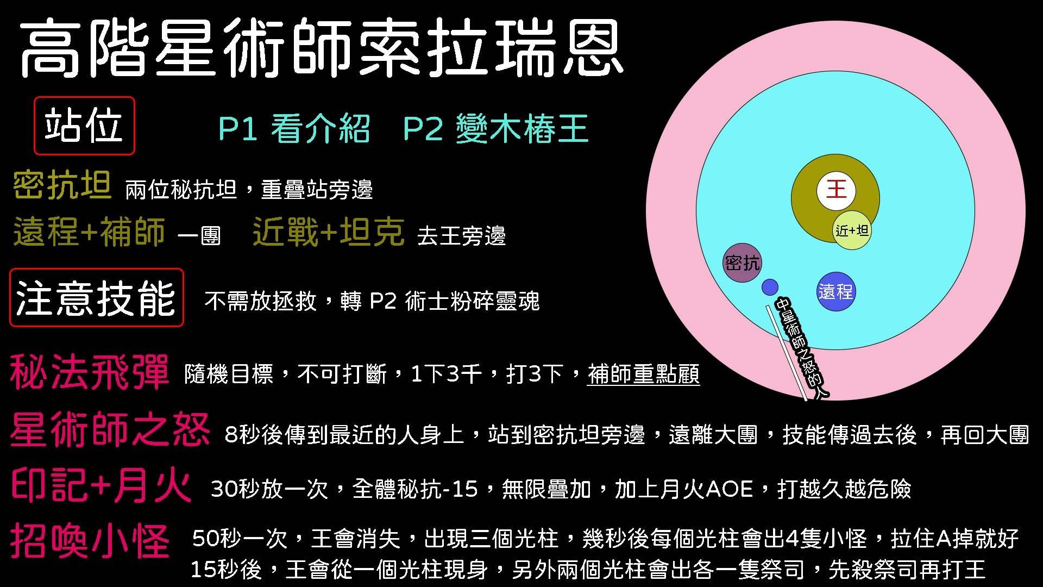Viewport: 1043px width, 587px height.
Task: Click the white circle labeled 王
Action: tap(836, 190)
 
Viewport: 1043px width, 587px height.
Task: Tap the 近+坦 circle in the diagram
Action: tap(852, 230)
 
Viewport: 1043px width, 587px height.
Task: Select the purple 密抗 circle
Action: tap(742, 263)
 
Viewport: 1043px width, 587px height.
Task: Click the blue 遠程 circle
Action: tap(836, 292)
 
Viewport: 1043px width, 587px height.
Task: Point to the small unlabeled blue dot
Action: tap(770, 287)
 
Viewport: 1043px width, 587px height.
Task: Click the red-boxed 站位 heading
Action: tap(84, 126)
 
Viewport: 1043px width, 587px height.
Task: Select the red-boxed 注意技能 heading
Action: tap(97, 298)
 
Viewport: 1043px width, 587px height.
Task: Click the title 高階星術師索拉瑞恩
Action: tap(322, 48)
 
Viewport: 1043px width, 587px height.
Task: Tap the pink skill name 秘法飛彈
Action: tap(90, 373)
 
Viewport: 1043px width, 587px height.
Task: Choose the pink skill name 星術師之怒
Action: tap(110, 430)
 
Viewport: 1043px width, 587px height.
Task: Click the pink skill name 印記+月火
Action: tap(101, 485)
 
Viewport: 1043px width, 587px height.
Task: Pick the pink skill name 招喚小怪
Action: tap(90, 541)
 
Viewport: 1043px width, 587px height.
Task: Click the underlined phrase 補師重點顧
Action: tap(644, 374)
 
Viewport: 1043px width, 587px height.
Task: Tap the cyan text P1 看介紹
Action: tap(294, 129)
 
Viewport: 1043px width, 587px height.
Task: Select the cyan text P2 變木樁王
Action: tap(496, 129)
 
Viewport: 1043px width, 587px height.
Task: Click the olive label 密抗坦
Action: tap(62, 185)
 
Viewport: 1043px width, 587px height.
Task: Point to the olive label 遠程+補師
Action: tap(89, 232)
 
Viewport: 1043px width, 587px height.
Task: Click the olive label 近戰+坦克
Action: tap(329, 232)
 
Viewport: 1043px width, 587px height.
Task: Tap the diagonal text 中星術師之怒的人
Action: tap(802, 348)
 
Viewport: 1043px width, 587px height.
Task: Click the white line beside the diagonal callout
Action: tap(787, 353)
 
